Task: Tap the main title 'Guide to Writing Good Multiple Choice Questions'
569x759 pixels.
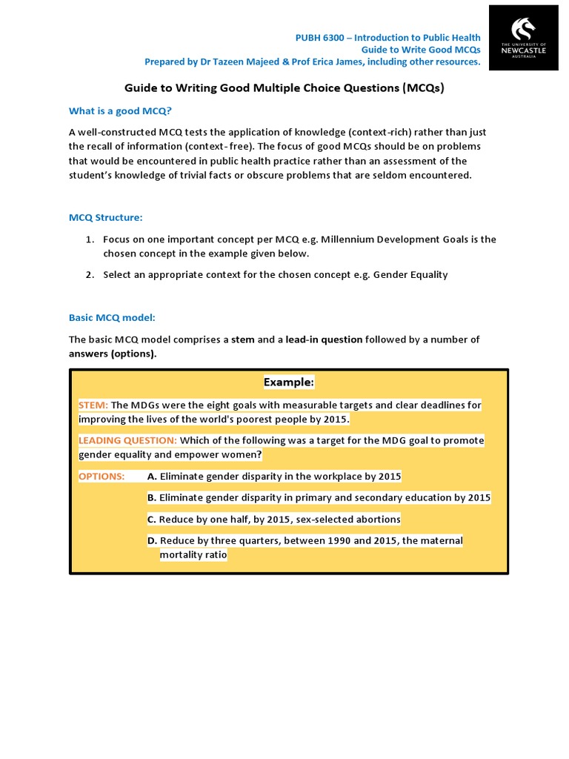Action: [x=284, y=87]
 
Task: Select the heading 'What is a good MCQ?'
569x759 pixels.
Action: [x=120, y=111]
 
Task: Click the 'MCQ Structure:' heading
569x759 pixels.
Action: [x=105, y=217]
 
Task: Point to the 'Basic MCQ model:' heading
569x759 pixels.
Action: [x=112, y=317]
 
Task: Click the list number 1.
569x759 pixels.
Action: [x=88, y=239]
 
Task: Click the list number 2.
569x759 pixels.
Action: [x=88, y=275]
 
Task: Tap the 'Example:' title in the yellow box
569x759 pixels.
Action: [x=289, y=382]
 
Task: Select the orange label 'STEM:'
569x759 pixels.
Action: [x=93, y=405]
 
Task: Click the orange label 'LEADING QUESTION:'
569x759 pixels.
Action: [x=127, y=440]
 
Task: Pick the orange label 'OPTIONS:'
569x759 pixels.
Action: [x=102, y=476]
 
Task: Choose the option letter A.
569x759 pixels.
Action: [x=152, y=476]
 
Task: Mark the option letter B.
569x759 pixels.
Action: [x=152, y=497]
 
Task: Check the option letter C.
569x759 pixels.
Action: [x=152, y=519]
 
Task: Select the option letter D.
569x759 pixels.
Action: [x=152, y=540]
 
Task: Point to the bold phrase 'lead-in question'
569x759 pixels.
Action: [x=324, y=339]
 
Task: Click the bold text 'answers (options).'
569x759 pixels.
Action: [x=113, y=354]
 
